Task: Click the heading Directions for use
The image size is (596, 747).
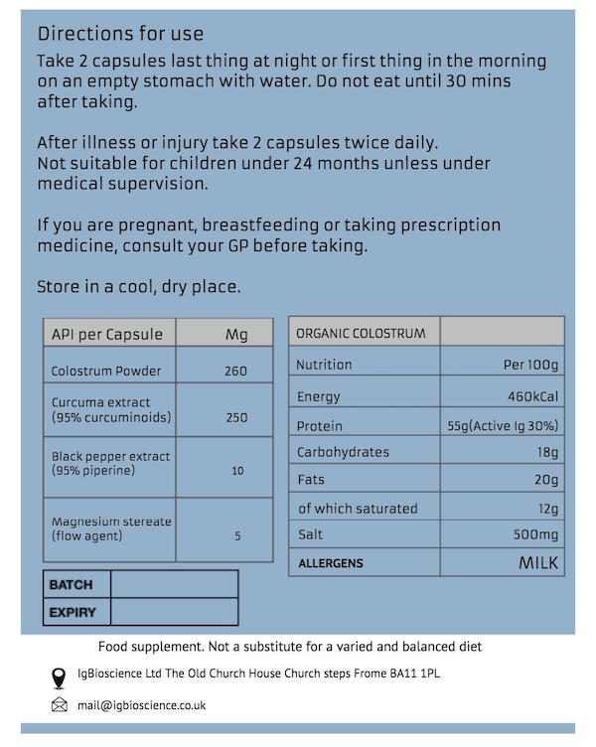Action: tap(120, 36)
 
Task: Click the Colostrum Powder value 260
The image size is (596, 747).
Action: tap(236, 372)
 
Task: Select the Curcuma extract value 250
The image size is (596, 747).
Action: tap(236, 417)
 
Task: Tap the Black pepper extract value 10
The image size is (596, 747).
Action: tap(237, 470)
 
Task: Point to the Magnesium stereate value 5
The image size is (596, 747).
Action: tap(237, 536)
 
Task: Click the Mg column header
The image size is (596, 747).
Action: tap(236, 335)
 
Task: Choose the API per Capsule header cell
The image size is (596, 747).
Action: tap(107, 335)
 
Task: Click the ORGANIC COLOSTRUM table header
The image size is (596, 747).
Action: tap(362, 334)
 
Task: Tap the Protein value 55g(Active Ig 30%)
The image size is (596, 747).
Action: tap(504, 426)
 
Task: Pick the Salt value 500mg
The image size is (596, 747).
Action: tap(533, 535)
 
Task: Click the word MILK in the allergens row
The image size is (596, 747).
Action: tap(538, 563)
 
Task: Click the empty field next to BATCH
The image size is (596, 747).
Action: tap(174, 585)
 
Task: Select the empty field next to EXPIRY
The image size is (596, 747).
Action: tap(174, 612)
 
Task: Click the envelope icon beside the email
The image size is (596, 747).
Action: tap(59, 706)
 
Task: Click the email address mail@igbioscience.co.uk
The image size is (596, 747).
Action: tap(143, 706)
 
